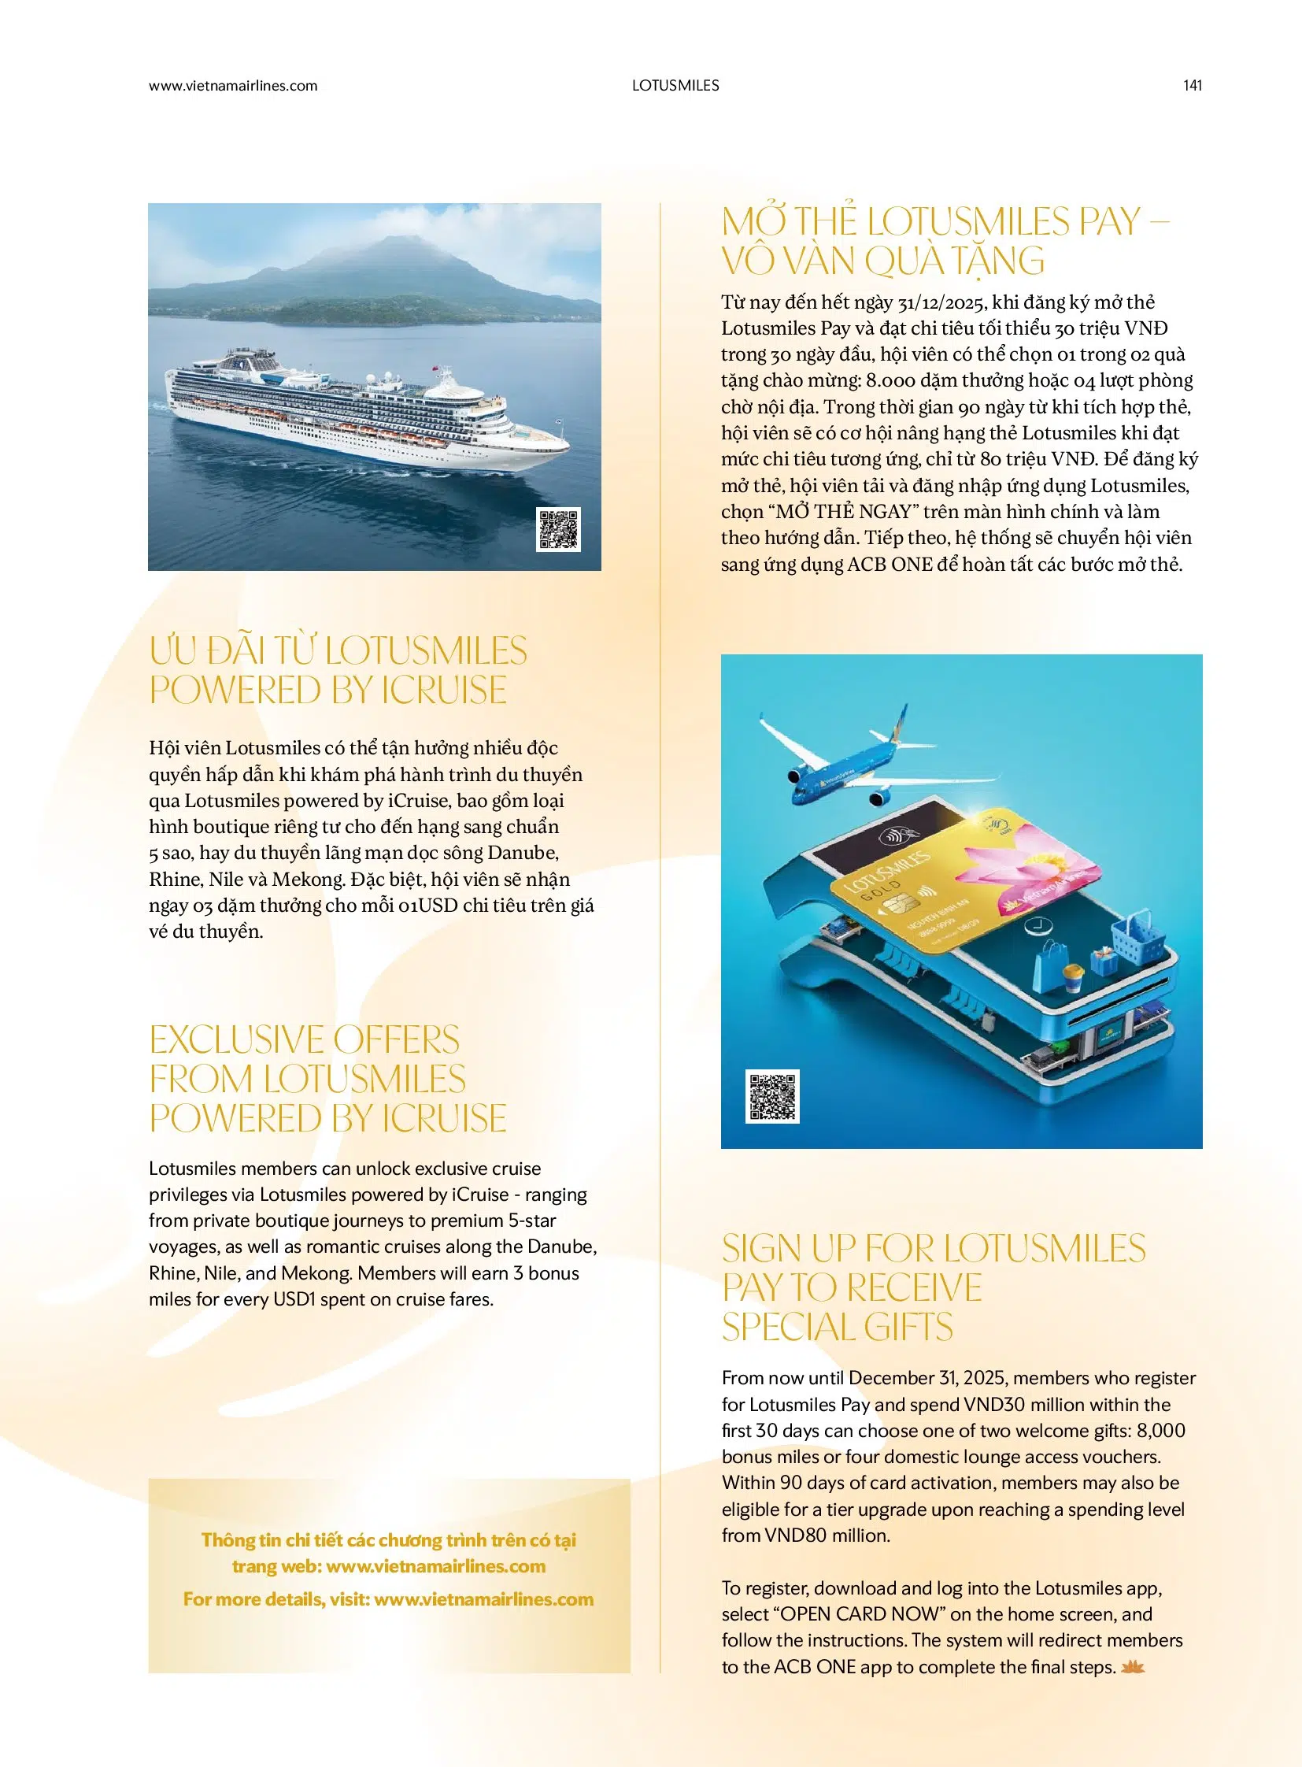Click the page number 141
(1192, 85)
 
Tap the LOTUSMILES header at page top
(675, 85)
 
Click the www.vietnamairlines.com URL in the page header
(232, 85)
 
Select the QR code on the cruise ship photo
(559, 529)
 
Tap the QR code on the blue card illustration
(772, 1096)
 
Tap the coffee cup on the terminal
(1073, 979)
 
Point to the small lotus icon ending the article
(1134, 1666)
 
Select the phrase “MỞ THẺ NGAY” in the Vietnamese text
(842, 512)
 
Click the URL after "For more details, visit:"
(483, 1599)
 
